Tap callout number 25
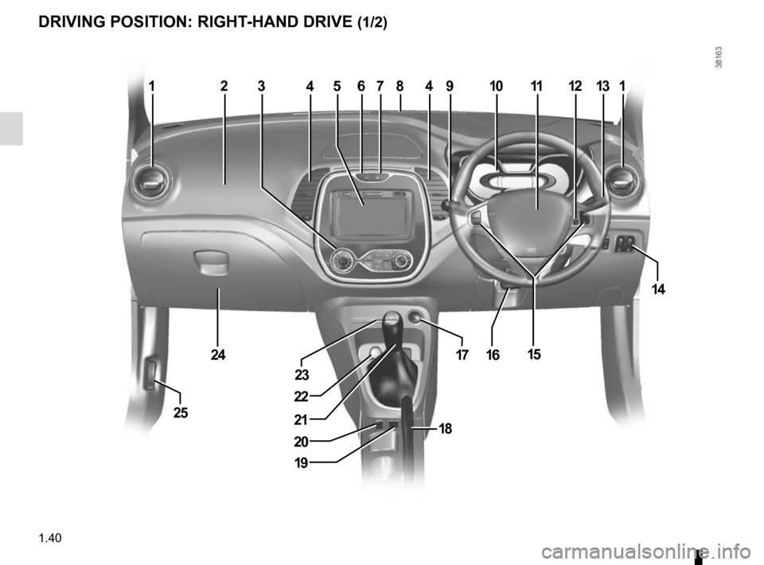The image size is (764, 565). [181, 412]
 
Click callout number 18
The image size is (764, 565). [444, 428]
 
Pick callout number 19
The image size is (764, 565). [299, 462]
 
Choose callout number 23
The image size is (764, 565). [302, 373]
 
